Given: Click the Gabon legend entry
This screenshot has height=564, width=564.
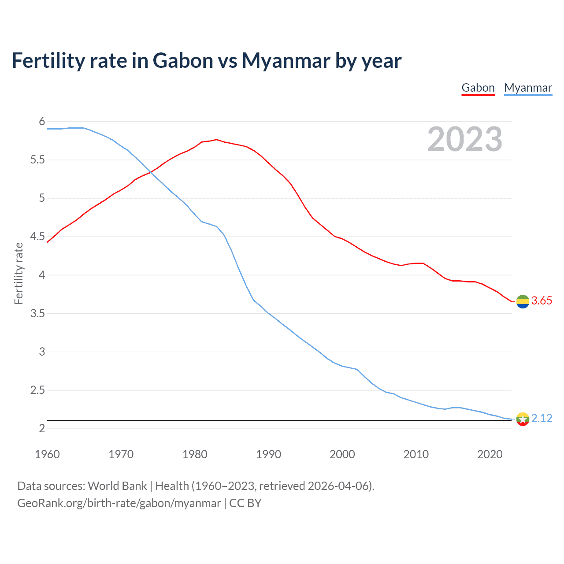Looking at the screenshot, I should [478, 88].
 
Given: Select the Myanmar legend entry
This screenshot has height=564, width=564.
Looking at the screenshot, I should [528, 88].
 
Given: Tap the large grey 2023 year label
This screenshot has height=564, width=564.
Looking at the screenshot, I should [464, 139].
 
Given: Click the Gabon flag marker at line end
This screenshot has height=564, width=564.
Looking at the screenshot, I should [523, 301].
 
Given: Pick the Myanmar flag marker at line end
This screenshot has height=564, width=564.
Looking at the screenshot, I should [523, 419].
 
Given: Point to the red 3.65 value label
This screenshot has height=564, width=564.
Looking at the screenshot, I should [542, 301].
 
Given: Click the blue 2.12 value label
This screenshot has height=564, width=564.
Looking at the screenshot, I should [542, 418].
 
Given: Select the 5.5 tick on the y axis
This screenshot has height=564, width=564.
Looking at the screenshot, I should [37, 160].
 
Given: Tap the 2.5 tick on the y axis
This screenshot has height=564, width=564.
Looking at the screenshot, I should [37, 390].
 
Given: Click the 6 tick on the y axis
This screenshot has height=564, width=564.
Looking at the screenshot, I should [42, 122].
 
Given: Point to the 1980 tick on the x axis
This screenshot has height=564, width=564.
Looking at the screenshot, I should [195, 454].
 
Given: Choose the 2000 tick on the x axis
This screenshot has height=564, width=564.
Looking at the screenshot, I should [342, 454].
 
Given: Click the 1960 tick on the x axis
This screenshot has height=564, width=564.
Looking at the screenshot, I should [47, 454].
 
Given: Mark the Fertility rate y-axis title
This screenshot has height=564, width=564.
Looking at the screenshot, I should [19, 273].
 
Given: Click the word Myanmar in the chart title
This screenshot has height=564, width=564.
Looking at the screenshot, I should [286, 61].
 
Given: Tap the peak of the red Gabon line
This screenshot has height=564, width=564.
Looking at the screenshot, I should [216, 140].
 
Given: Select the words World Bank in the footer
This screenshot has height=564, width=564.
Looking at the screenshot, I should [117, 486].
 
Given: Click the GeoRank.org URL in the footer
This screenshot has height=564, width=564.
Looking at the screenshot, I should [119, 503].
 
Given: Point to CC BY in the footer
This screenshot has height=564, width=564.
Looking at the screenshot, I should [245, 503].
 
